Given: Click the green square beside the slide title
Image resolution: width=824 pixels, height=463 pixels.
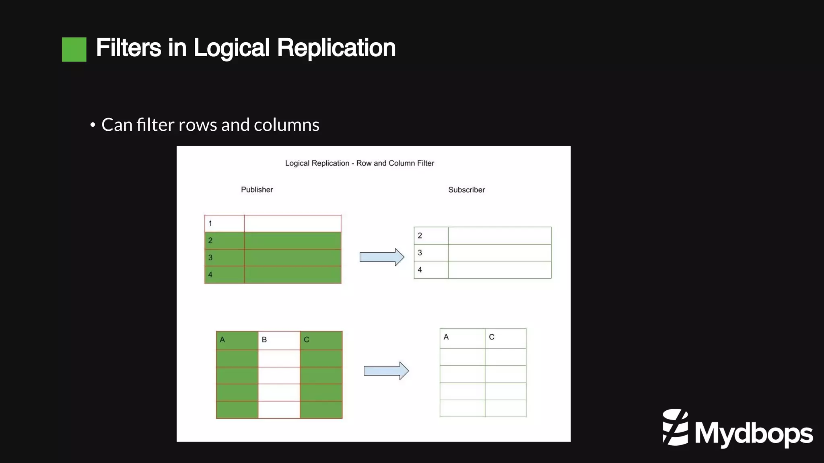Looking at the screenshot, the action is [x=74, y=49].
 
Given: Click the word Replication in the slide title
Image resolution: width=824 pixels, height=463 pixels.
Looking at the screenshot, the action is [x=336, y=48].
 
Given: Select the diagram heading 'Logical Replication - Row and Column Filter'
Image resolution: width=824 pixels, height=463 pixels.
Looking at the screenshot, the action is [x=359, y=163].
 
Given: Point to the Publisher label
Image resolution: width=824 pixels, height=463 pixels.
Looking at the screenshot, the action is [x=257, y=190].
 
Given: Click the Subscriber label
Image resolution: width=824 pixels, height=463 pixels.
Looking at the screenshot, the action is [x=466, y=190].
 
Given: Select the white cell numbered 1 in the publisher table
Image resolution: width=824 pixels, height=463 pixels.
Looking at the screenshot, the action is [x=225, y=224].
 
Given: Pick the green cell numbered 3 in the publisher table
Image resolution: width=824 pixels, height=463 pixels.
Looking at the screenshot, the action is [x=225, y=258].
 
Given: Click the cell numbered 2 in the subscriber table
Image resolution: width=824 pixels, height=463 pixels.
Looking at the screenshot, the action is [x=431, y=236].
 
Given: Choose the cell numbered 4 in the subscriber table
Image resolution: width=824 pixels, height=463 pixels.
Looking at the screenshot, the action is [x=431, y=270].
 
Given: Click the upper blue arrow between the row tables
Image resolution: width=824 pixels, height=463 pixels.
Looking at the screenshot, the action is [x=381, y=257].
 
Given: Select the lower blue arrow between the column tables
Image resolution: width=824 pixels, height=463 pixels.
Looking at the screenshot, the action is [x=386, y=371].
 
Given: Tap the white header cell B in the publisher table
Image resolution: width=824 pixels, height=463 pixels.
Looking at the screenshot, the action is [x=279, y=340].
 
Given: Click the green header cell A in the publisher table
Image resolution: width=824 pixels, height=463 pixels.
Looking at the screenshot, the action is [x=237, y=340].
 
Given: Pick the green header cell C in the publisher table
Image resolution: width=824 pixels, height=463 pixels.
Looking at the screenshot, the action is [x=321, y=340].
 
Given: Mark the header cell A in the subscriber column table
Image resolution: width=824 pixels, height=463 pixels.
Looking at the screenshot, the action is [x=462, y=338].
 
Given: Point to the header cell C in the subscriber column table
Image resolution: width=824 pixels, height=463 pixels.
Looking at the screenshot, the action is [x=505, y=338].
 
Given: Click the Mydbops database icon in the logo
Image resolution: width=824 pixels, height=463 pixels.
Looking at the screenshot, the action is [x=675, y=427].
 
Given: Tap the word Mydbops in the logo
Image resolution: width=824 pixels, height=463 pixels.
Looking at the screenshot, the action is [x=754, y=434].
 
